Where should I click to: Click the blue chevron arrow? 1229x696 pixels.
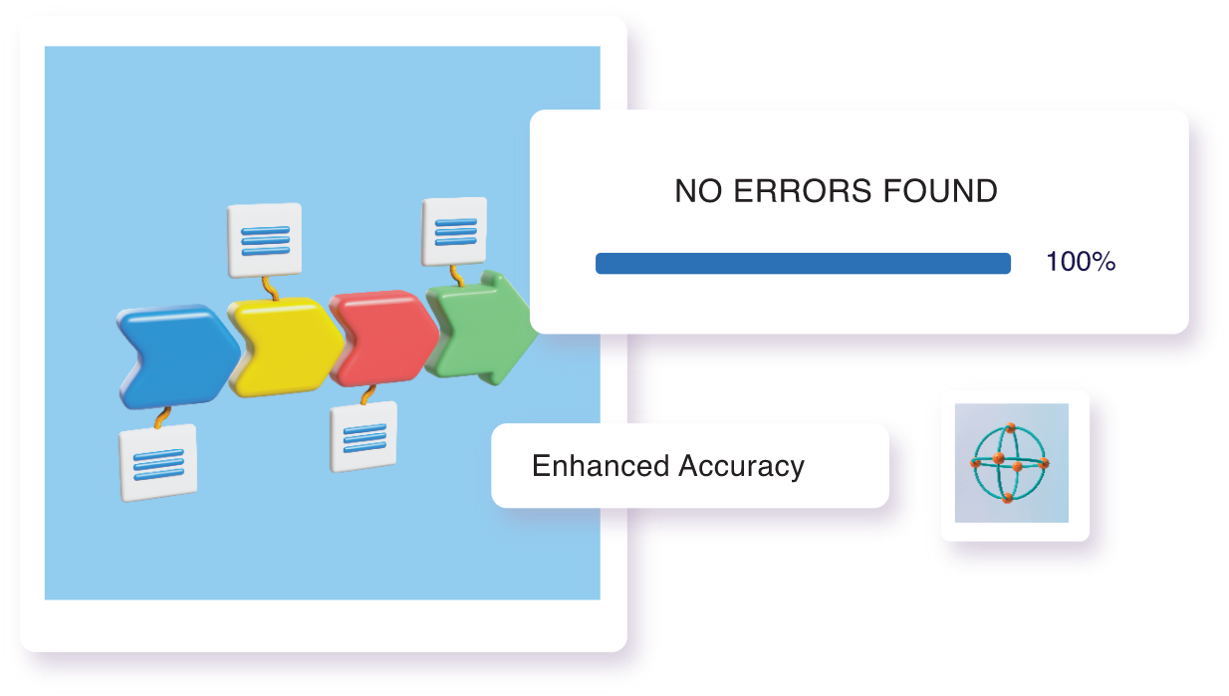click(176, 356)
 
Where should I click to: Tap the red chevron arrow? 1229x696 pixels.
click(384, 338)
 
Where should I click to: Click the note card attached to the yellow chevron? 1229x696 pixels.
click(265, 240)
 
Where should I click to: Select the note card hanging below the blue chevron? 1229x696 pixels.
click(158, 463)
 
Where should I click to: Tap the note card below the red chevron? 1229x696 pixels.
click(364, 436)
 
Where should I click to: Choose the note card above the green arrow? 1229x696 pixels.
click(454, 231)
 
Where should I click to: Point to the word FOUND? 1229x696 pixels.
click(940, 191)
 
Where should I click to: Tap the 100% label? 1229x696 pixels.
click(1081, 262)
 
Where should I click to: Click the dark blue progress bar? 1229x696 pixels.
click(804, 263)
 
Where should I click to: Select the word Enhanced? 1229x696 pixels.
click(601, 466)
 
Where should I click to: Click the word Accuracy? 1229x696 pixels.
click(741, 467)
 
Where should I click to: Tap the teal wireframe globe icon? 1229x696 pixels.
click(1010, 463)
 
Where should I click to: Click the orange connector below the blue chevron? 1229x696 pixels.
click(162, 417)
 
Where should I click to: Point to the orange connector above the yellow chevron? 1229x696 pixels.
click(270, 289)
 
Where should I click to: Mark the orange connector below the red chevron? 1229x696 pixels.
click(369, 394)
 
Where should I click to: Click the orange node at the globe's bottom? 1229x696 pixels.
click(1007, 498)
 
